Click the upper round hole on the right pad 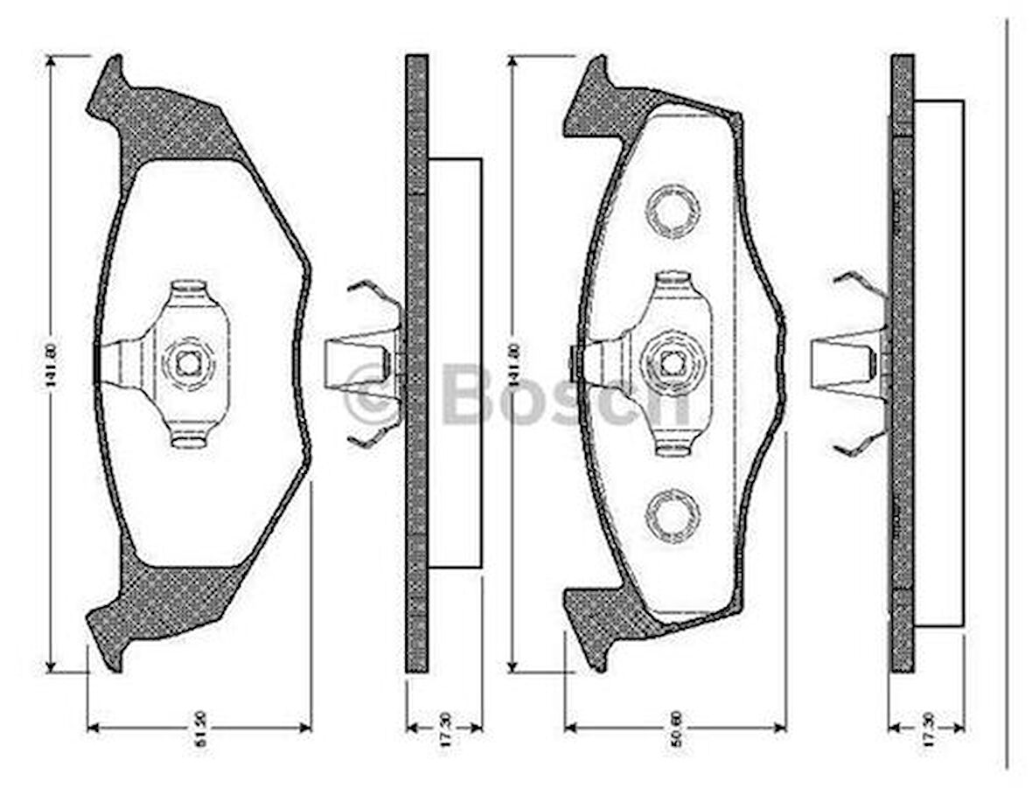click(672, 212)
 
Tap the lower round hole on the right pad click(672, 515)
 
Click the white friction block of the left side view click(455, 363)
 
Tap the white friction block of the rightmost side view click(938, 363)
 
